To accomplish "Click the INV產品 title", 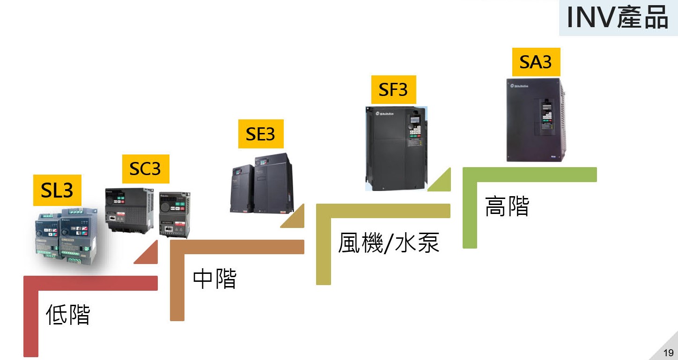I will [x=617, y=18].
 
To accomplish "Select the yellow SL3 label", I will [x=57, y=190].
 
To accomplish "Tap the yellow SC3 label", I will [x=145, y=169].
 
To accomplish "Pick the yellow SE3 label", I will [x=260, y=134].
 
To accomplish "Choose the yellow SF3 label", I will [x=393, y=89].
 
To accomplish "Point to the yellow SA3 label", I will [x=536, y=62].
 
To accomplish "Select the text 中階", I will [x=214, y=278].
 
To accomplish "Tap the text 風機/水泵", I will [x=389, y=243].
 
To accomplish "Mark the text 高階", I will [x=507, y=206].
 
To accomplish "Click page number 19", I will [x=668, y=353].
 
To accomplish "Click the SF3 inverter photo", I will [x=396, y=148].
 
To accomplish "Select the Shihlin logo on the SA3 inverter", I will [x=520, y=86].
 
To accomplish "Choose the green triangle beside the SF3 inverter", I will [x=441, y=181].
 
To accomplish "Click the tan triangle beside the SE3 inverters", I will [x=294, y=217].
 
